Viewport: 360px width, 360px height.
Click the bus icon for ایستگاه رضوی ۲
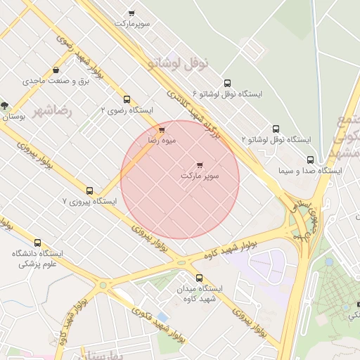click(x=127, y=99)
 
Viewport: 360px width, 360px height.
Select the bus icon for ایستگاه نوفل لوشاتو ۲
click(x=276, y=129)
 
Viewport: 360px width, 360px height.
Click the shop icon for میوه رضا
click(x=162, y=130)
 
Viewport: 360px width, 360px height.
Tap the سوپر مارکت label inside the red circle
click(x=200, y=175)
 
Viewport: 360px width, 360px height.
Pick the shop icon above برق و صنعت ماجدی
click(x=56, y=70)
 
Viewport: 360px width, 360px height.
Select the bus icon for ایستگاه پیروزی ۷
click(x=89, y=191)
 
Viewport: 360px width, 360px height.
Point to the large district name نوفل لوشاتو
click(x=179, y=63)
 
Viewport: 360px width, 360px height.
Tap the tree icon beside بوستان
click(x=5, y=106)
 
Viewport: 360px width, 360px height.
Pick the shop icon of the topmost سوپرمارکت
click(x=131, y=13)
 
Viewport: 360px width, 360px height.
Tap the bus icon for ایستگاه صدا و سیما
click(x=309, y=160)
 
